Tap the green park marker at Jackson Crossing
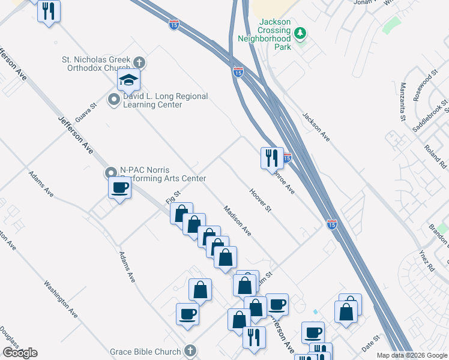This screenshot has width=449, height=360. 302,33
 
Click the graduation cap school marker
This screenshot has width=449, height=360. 128,80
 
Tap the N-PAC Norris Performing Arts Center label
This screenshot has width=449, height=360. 163,174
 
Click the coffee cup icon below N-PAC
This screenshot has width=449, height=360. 119,188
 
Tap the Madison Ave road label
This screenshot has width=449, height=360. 237,220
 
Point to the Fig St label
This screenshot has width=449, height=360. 173,196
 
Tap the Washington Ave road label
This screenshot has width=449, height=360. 61,299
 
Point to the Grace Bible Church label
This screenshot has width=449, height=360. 145,352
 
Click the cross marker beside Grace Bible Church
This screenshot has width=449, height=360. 190,351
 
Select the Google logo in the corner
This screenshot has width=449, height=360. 20,353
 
